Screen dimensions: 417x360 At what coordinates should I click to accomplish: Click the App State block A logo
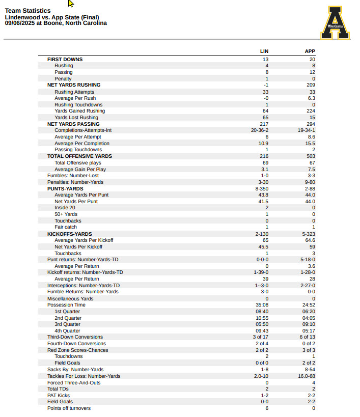pos(336,23)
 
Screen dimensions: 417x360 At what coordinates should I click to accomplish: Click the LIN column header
pos(264,51)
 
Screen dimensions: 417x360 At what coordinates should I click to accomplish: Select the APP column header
pos(310,51)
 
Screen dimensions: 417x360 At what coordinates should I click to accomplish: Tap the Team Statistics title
pos(27,11)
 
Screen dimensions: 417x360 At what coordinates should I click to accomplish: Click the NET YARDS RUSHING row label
pos(74,85)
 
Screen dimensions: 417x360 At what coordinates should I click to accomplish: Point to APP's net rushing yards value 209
pos(311,85)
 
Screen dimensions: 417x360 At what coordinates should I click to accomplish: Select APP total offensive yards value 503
pos(311,156)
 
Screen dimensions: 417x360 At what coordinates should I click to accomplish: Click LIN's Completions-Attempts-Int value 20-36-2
pos(260,130)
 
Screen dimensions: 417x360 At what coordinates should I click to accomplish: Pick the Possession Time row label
pos(66,305)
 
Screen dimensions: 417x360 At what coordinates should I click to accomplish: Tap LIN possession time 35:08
pos(262,305)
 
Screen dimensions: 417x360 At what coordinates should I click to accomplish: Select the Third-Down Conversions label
pos(75,337)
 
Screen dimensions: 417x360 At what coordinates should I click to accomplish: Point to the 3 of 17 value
pos(261,337)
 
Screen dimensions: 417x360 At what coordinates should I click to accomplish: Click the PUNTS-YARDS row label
pos(65,188)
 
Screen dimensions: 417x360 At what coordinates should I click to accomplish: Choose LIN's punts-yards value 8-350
pos(261,188)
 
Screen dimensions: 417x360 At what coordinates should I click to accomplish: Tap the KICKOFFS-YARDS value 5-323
pos(309,234)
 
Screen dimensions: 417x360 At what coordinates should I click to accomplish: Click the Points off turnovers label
pos(69,408)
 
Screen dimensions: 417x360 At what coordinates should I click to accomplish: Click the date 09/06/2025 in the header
pos(20,23)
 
